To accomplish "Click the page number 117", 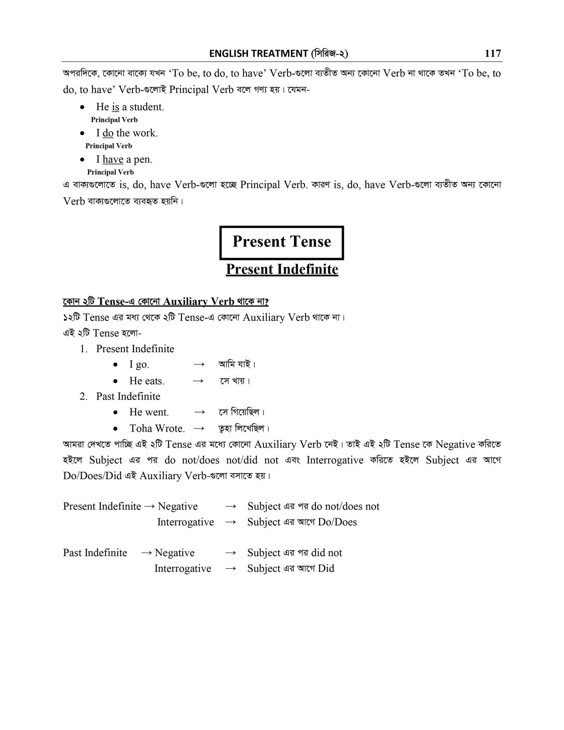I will pos(492,53).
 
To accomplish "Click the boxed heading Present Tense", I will pos(282,242).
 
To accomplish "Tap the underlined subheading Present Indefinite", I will pos(282,269).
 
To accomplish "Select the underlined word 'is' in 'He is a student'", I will pos(115,107).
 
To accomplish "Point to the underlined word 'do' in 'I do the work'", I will pos(108,133).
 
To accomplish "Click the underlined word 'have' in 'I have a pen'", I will pos(113,160).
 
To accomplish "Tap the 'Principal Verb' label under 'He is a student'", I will pos(114,120).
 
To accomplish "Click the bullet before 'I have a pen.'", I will pos(82,160).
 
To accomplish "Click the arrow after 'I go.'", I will pos(199,364).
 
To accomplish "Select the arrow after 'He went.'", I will pos(200,412).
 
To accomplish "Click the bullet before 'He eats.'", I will pos(115,381).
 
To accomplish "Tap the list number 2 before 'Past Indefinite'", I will pos(83,397).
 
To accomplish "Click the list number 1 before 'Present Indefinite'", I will pos(83,349).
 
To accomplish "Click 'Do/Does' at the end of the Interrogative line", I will pos(337,522).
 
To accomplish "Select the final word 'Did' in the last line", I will pos(326,568).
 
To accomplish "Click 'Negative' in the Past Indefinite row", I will pos(174,553).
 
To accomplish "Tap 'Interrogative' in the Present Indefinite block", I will pos(185,522).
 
